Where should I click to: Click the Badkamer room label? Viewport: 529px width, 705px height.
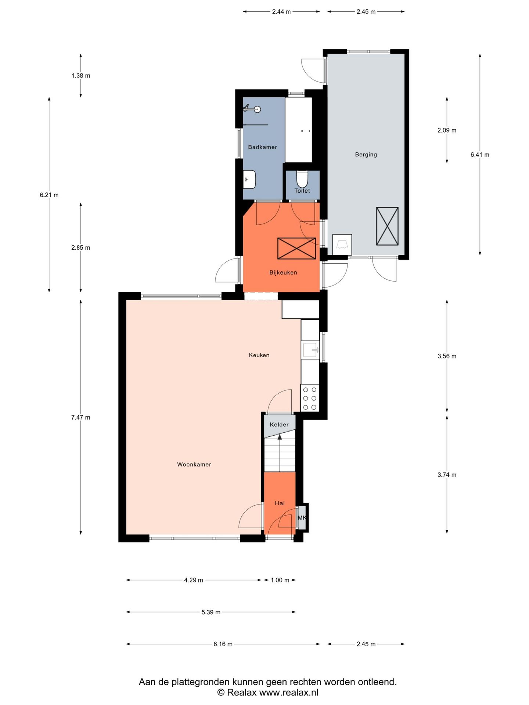[262, 147]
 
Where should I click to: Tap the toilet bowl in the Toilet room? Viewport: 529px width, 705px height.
[302, 179]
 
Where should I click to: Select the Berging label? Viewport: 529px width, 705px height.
[366, 155]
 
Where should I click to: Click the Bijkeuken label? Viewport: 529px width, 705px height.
[283, 272]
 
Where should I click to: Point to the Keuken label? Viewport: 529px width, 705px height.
[259, 355]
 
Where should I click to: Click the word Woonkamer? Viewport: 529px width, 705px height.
[194, 464]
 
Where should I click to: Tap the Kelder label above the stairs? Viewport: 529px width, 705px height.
[279, 424]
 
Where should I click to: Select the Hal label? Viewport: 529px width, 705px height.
[280, 503]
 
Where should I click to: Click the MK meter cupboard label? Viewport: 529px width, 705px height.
[302, 518]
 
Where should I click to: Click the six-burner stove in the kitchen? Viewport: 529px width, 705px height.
[310, 398]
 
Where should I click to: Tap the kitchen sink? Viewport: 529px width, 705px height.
[310, 350]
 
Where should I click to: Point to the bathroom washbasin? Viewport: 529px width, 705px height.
[249, 180]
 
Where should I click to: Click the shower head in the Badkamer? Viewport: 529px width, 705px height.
[258, 109]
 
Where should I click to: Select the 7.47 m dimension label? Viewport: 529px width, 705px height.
[80, 417]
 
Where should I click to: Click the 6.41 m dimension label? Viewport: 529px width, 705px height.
[480, 155]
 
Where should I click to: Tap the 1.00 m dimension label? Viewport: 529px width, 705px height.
[280, 580]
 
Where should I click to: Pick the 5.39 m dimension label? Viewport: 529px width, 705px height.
[211, 612]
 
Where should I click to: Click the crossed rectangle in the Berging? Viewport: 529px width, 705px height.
[387, 226]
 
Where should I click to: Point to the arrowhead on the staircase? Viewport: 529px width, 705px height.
[280, 437]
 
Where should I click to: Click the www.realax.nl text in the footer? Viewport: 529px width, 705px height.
[289, 693]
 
